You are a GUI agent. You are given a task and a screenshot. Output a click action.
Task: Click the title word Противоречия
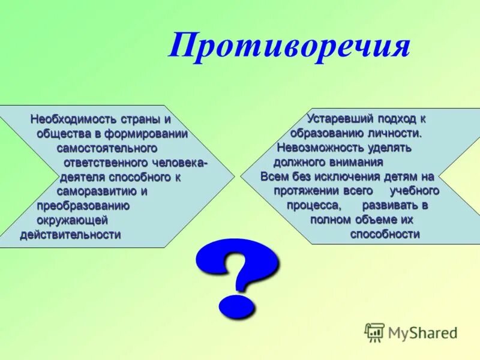pos(289,47)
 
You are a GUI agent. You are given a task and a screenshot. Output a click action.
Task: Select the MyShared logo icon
pos(375,332)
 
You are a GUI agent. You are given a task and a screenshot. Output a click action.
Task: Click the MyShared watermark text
pos(422,332)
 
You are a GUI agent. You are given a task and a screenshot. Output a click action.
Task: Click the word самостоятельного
pos(107,148)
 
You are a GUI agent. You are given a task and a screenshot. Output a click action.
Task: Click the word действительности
pos(70,235)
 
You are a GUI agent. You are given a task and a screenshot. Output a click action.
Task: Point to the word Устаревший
pos(334,119)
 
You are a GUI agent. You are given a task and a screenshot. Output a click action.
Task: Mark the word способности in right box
pos(385,235)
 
